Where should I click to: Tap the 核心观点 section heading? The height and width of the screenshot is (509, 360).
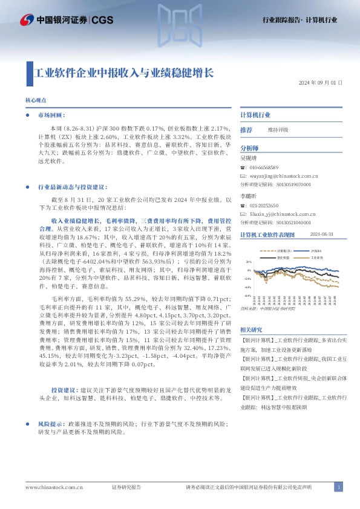coord(36,100)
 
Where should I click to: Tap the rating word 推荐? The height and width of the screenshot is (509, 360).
coord(246,130)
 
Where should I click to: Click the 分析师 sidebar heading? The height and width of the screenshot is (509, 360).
coord(249,148)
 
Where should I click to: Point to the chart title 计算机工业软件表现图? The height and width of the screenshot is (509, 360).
coord(267,235)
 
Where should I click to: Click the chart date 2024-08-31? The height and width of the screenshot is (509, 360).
coord(322,235)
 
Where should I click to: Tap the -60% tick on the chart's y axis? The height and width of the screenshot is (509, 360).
coord(247,296)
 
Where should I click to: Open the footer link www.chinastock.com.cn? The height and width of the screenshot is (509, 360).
coord(54,487)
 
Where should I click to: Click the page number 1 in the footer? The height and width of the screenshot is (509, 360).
coord(339,487)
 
